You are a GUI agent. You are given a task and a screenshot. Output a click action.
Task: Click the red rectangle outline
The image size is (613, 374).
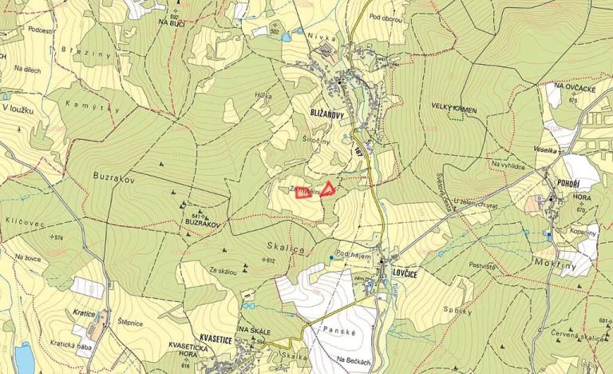tap(304, 193)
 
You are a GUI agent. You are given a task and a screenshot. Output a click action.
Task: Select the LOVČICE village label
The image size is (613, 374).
tap(407, 273)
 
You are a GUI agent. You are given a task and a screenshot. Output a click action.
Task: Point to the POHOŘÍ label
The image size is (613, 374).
tap(559, 182)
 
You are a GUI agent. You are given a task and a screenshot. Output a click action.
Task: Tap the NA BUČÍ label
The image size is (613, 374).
tap(172, 24)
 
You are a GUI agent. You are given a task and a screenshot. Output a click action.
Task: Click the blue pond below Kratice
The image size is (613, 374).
tap(24, 359)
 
